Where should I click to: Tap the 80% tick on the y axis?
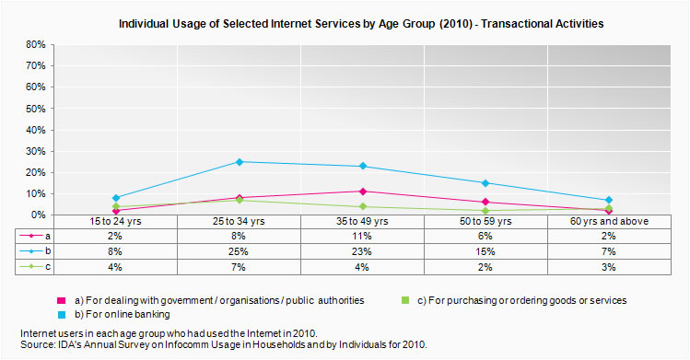point(34,44)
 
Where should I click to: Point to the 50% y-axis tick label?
point(34,109)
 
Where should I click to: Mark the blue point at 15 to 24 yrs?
point(116,198)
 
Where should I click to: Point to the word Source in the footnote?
point(38,344)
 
